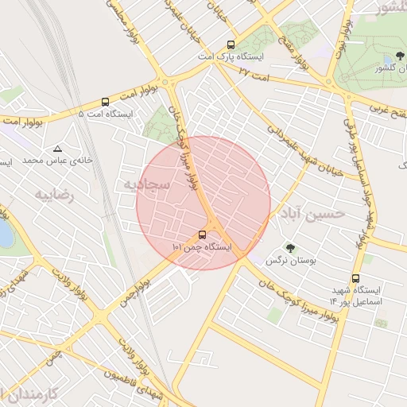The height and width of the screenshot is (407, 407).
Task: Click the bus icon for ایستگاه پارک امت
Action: (231, 45)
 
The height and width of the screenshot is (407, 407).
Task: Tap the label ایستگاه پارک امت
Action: (231, 58)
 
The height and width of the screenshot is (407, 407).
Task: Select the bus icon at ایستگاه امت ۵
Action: (105, 102)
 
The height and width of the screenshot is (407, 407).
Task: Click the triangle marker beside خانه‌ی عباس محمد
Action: (57, 149)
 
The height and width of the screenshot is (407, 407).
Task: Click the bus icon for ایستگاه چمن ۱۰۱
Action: (202, 235)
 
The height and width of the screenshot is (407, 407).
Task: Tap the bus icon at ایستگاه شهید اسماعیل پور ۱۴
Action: (355, 278)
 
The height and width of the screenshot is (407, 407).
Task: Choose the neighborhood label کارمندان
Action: (32, 393)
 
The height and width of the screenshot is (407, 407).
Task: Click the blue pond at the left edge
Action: (4, 234)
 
